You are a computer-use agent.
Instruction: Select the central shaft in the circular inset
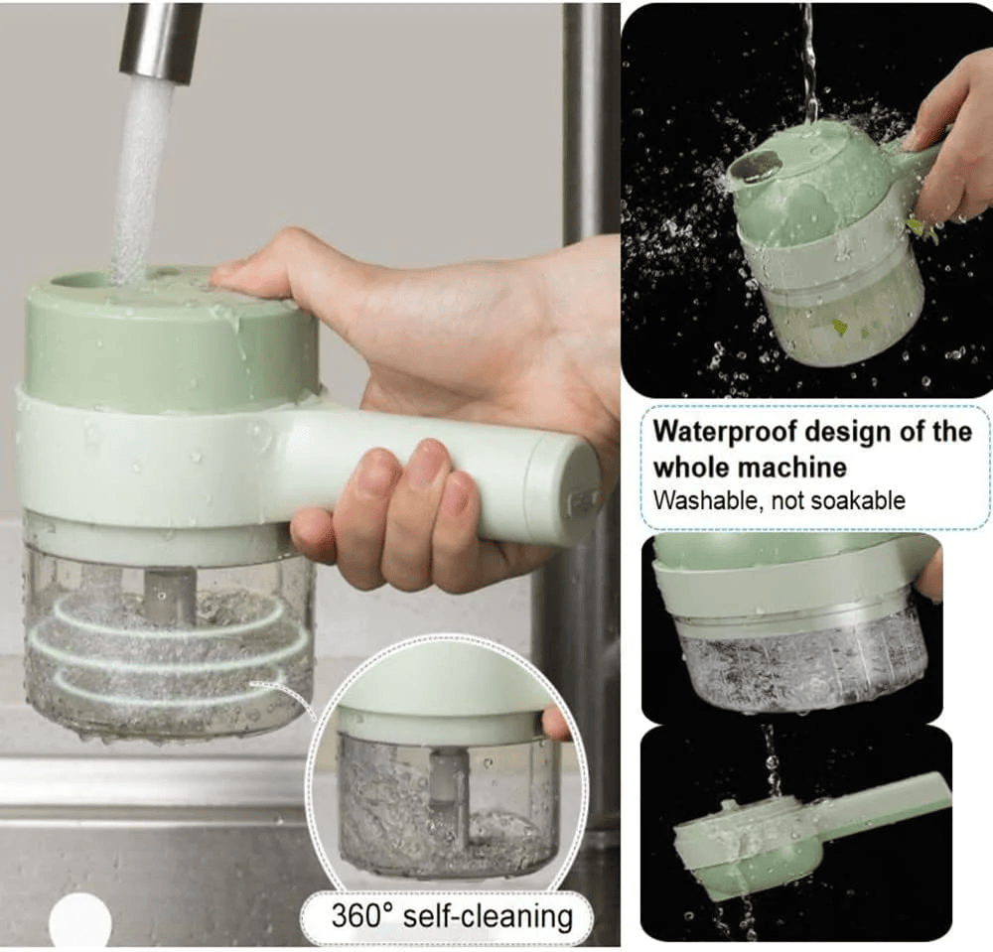pyautogui.click(x=449, y=794)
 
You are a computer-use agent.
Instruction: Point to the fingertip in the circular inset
pyautogui.click(x=556, y=726)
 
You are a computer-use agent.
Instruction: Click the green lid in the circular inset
pyautogui.click(x=437, y=685)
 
